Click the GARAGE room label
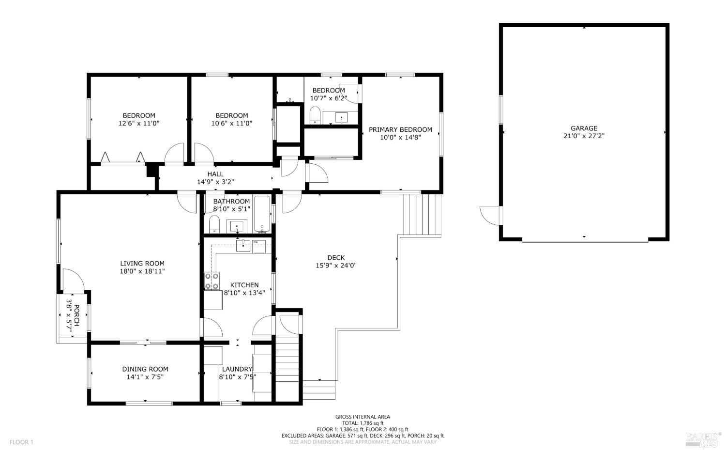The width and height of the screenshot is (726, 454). (584, 128)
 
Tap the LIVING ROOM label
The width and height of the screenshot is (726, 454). (142, 264)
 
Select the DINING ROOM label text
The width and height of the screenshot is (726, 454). (145, 369)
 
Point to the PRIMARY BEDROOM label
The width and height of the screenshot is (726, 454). (400, 129)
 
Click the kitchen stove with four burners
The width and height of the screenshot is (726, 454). (212, 281)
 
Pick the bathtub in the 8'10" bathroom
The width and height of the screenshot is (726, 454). (262, 214)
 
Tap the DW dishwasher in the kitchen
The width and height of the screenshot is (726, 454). (258, 247)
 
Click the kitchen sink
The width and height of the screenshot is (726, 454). (243, 246)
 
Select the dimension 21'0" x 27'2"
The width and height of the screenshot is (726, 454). (584, 136)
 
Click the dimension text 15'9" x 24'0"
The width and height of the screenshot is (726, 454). (336, 266)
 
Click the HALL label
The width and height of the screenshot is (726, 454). (215, 174)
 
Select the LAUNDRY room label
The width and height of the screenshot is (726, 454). (237, 369)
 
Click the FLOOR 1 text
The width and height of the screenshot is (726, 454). (21, 442)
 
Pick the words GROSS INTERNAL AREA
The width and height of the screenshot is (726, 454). (363, 417)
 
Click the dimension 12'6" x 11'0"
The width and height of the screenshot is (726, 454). (139, 124)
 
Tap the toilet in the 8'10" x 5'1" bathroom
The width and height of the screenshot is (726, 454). (214, 224)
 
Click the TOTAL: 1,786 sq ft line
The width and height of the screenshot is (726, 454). (363, 423)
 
